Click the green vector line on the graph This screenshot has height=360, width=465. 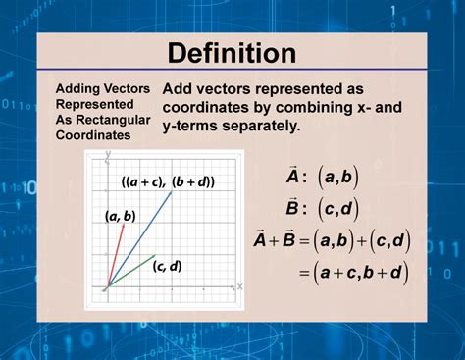[x=132, y=271]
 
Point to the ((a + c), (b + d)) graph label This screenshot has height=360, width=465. [x=168, y=181]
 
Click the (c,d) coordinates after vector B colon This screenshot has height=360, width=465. [x=337, y=208]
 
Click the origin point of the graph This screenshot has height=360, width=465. [x=107, y=286]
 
